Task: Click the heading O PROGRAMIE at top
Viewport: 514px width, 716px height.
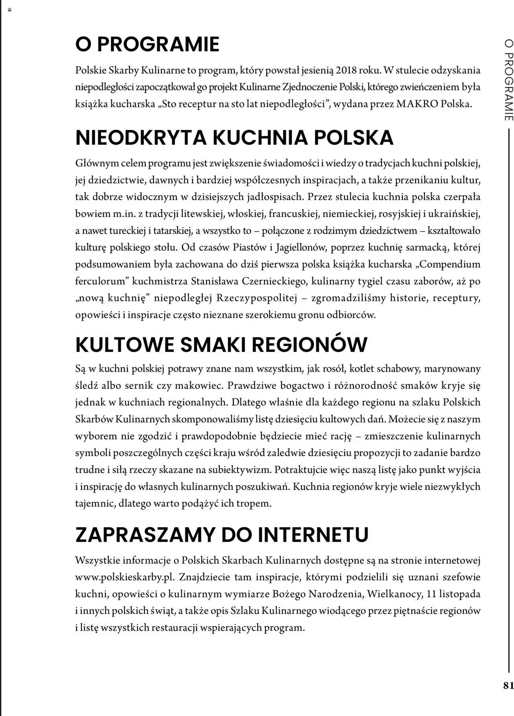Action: click(x=147, y=44)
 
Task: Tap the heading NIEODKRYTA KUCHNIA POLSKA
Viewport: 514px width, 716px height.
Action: click(x=234, y=137)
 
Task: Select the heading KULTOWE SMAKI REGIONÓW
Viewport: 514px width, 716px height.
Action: click(x=221, y=344)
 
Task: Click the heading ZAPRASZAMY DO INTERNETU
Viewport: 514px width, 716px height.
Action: click(x=222, y=534)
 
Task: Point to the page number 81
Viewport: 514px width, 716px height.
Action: click(x=508, y=685)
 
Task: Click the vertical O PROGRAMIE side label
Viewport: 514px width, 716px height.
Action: click(x=508, y=80)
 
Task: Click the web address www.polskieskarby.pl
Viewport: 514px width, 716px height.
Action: click(x=125, y=577)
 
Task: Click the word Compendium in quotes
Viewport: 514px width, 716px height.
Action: click(x=450, y=264)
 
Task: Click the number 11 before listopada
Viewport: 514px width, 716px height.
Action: click(x=432, y=594)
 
